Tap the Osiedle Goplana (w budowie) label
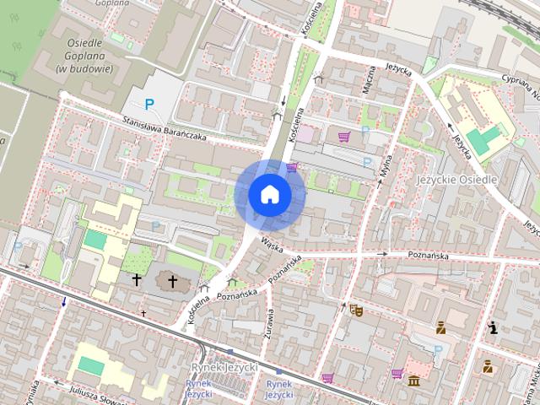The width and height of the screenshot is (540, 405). point(84,55)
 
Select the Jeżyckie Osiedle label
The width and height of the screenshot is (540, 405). point(458,180)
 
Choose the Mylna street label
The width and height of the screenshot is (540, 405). point(386,160)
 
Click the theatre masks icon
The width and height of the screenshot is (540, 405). point(355,310)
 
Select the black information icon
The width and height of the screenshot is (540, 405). point(492,327)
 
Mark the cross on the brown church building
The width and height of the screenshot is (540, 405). point(173,280)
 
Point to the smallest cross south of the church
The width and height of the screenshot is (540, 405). point(143,314)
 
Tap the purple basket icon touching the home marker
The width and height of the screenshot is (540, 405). point(292,167)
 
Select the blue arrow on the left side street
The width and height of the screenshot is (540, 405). point(63,302)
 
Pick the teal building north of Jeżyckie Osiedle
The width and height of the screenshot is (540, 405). point(483,138)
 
